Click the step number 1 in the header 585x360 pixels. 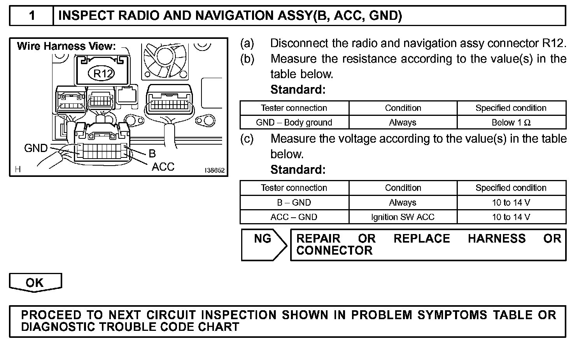click(x=32, y=16)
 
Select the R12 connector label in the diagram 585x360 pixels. click(x=102, y=73)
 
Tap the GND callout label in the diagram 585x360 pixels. click(x=36, y=148)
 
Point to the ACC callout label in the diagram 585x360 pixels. click(x=163, y=167)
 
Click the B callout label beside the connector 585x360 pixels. click(x=152, y=154)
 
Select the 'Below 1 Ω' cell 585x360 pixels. click(x=511, y=122)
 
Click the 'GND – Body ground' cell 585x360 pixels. click(x=294, y=122)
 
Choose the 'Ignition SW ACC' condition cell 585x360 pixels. click(x=403, y=217)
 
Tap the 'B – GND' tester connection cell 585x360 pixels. click(x=294, y=203)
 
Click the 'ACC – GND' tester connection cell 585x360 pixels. click(x=294, y=217)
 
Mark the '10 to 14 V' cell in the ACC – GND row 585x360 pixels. click(x=511, y=217)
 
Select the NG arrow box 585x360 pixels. click(x=263, y=244)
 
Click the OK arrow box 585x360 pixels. click(x=35, y=283)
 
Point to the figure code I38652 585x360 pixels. click(x=215, y=170)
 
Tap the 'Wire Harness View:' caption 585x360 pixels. click(x=66, y=46)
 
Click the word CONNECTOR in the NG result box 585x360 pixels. click(x=334, y=251)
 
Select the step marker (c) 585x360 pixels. click(x=247, y=139)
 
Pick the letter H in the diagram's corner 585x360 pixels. click(x=18, y=169)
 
